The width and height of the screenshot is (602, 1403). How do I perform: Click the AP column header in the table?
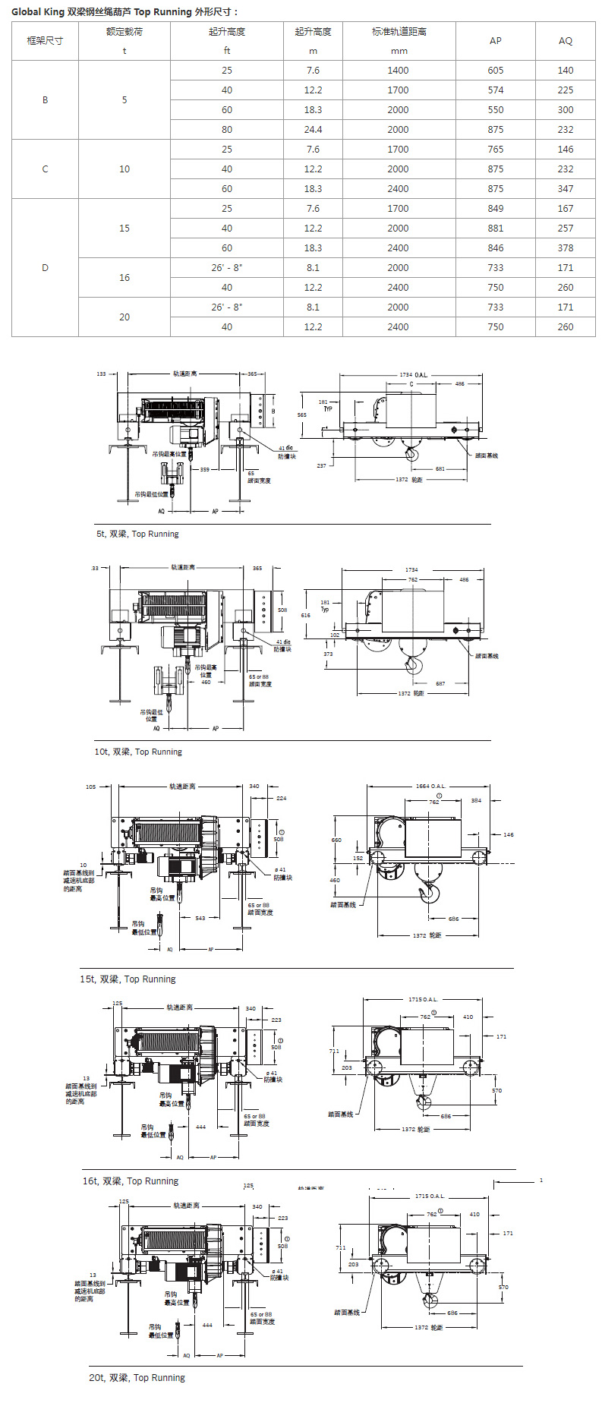coord(495,41)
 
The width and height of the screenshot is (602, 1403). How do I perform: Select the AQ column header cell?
coord(566,41)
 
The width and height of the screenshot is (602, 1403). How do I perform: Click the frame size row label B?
coord(45,100)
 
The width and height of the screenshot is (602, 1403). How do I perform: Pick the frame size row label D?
coord(45,268)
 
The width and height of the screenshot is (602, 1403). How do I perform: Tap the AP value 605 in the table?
coord(495,71)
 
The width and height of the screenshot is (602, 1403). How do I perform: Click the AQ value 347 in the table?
coord(566,189)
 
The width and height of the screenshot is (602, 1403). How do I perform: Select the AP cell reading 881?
coord(495,229)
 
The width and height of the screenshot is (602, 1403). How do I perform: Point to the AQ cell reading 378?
coord(566,248)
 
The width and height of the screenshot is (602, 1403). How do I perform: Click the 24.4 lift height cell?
coord(313,130)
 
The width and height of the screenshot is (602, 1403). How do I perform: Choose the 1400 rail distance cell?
coord(398,71)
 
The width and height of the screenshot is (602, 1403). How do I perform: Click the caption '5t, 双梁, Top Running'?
coord(137,534)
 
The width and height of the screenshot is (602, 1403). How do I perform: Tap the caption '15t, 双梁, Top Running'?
coord(128,979)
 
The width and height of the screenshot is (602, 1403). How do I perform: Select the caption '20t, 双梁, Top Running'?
coord(137,1377)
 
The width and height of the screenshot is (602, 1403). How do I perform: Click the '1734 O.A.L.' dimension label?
coord(414,375)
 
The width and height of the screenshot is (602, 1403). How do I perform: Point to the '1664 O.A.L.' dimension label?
coord(430,787)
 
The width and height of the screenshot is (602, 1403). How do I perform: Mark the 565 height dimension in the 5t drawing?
coord(302,415)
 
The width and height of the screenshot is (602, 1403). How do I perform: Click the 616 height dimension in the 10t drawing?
coord(305,616)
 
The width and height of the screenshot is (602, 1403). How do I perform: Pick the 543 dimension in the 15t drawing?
coord(200,918)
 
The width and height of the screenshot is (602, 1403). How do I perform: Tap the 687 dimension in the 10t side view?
coord(440,683)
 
